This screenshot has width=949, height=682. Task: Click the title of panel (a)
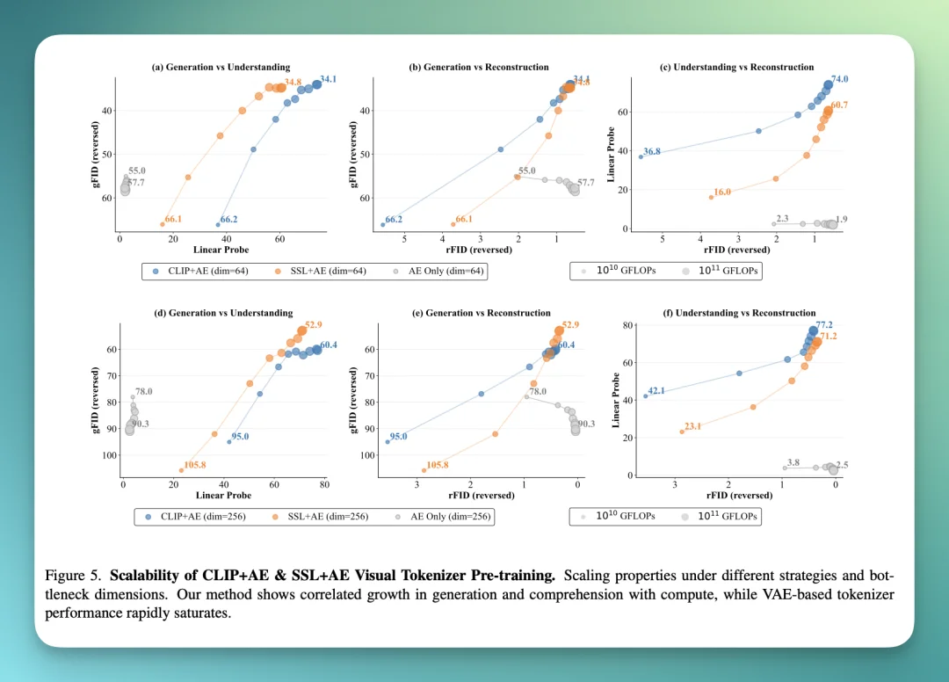click(221, 67)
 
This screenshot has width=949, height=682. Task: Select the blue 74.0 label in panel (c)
click(839, 79)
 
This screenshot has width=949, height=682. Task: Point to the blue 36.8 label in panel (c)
click(652, 152)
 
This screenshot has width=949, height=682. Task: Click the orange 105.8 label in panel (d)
click(195, 465)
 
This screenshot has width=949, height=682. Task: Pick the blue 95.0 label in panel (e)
click(398, 436)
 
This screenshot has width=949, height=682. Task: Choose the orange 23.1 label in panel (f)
click(692, 426)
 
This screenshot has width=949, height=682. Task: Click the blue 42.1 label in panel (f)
click(656, 390)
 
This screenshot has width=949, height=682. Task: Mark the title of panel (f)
click(739, 313)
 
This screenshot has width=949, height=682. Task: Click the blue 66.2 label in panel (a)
click(228, 219)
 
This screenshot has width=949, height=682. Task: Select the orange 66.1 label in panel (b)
click(464, 219)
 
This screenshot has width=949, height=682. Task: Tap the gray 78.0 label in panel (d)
click(144, 391)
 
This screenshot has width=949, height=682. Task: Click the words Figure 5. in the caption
click(74, 577)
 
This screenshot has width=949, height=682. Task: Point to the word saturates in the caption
click(203, 613)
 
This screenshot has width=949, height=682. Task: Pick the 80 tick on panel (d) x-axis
click(324, 484)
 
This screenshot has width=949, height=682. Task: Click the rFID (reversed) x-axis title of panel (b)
click(479, 250)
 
